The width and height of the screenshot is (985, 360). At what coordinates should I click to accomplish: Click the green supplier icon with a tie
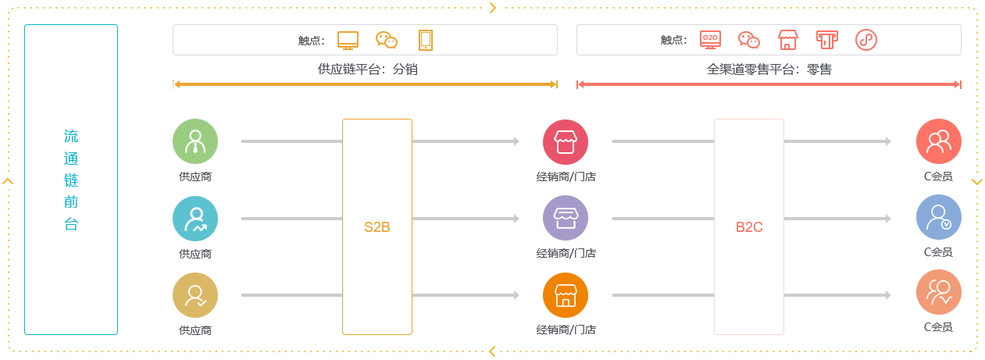195,141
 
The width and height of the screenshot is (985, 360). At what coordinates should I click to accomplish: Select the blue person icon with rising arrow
195,218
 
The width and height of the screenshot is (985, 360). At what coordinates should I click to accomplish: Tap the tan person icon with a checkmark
195,294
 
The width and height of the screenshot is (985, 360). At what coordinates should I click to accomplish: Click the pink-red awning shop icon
565,141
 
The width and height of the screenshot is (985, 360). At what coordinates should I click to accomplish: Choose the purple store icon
565,218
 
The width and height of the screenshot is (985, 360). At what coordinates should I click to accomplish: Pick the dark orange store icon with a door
565,294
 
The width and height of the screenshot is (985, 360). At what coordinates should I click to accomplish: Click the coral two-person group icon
938,141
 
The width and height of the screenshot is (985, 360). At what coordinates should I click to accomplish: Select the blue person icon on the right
938,216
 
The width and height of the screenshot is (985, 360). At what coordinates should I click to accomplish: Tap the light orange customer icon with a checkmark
938,291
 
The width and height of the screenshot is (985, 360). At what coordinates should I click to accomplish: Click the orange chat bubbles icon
387,40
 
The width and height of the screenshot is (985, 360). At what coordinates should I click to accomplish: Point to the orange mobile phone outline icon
426,40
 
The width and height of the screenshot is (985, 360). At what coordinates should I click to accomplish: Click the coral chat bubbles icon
749,40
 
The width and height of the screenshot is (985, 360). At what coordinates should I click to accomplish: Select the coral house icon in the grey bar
788,40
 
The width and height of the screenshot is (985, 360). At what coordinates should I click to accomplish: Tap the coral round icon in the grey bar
865,40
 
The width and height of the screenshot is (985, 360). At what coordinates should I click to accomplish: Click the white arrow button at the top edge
492,9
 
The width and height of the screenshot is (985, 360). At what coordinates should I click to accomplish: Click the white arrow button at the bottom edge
492,351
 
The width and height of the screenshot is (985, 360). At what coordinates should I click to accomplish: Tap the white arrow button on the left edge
9,181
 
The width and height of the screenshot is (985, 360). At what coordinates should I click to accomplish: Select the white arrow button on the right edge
976,181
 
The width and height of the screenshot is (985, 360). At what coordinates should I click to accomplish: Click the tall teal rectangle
71,179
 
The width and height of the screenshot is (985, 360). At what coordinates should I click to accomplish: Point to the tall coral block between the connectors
748,226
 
